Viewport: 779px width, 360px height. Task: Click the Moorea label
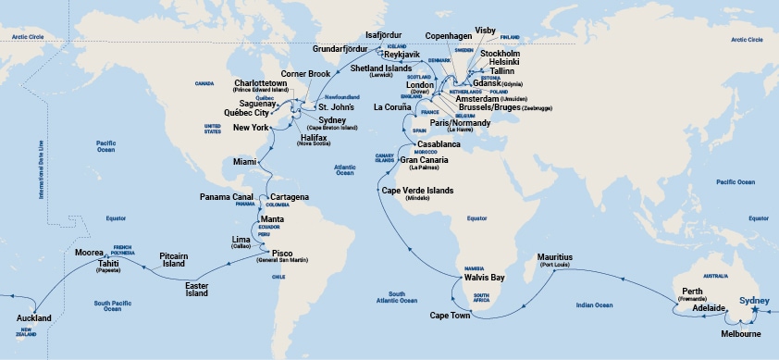[88, 252]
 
